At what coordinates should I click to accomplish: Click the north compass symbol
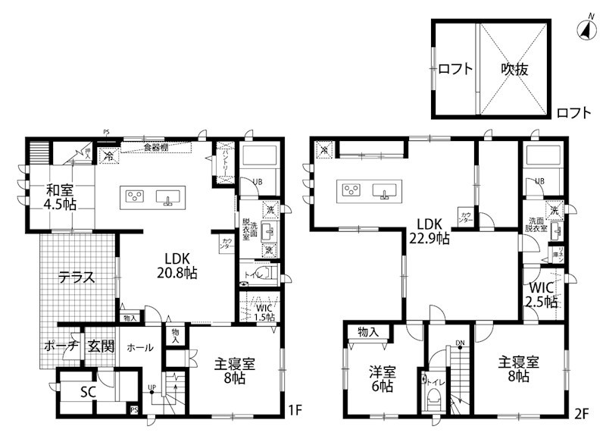[585, 30]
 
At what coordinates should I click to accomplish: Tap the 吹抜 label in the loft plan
[514, 69]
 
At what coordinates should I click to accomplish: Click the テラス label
[77, 277]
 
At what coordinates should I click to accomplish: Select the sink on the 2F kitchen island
[384, 190]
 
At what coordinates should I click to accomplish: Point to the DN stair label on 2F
[460, 343]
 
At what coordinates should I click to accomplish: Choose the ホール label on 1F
[139, 348]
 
